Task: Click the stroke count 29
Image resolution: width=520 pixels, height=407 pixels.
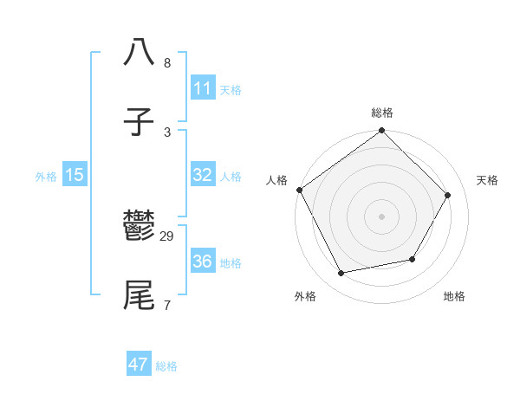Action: [167, 236]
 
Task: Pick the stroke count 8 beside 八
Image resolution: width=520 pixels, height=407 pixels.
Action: [167, 63]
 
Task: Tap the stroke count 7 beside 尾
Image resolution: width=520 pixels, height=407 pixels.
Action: [166, 305]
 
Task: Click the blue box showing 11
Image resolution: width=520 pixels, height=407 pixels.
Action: [202, 88]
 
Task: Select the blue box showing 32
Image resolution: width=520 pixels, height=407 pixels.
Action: [202, 175]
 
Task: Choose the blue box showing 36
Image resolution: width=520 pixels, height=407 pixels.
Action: [202, 262]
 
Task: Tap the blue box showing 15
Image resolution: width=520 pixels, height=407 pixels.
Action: [75, 175]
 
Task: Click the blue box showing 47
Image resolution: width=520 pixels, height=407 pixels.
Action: [139, 365]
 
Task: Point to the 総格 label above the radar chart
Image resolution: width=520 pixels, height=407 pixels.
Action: [382, 113]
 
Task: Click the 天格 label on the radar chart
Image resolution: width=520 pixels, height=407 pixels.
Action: [487, 180]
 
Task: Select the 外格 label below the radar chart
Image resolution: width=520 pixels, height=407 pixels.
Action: [305, 296]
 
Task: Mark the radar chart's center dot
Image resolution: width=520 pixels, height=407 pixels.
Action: [381, 216]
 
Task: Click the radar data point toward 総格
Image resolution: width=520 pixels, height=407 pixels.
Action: [381, 132]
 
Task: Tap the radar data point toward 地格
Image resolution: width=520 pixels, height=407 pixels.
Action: [413, 259]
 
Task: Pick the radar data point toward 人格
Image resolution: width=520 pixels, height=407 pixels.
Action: [300, 190]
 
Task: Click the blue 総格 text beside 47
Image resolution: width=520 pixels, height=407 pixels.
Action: [166, 366]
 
